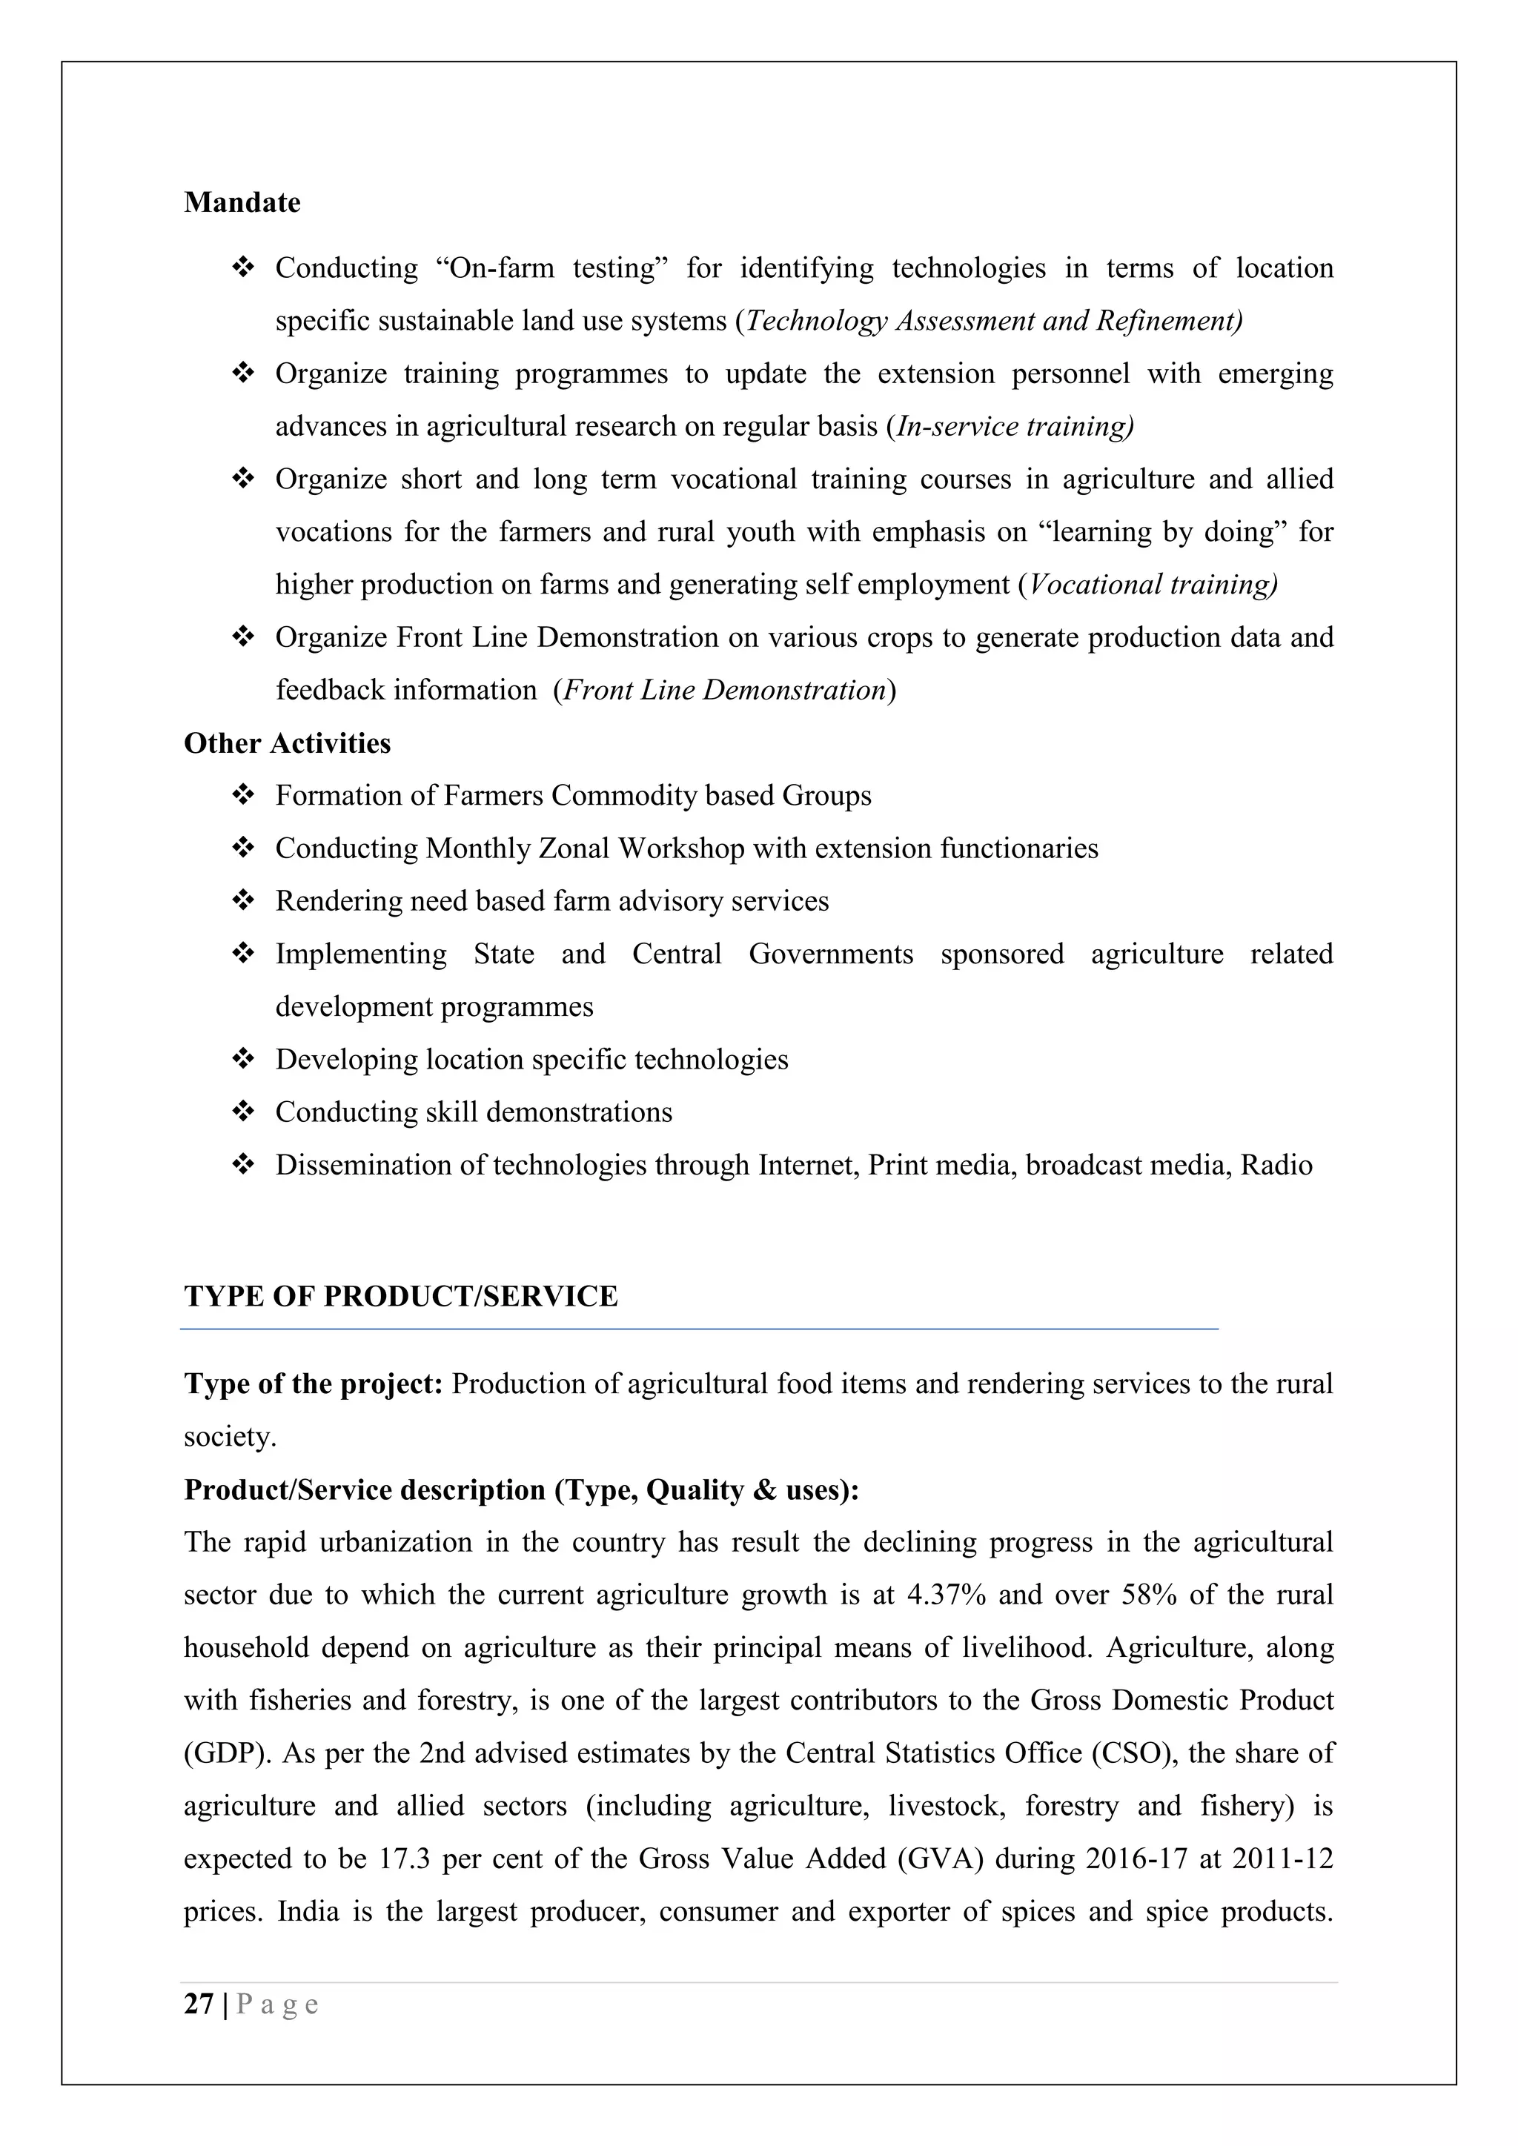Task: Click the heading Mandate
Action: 242,203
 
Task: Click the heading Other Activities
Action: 287,743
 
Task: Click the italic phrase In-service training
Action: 1013,426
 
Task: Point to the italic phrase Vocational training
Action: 1152,585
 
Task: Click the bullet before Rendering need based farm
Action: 243,901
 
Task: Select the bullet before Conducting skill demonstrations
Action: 243,1112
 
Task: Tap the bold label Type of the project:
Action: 313,1384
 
